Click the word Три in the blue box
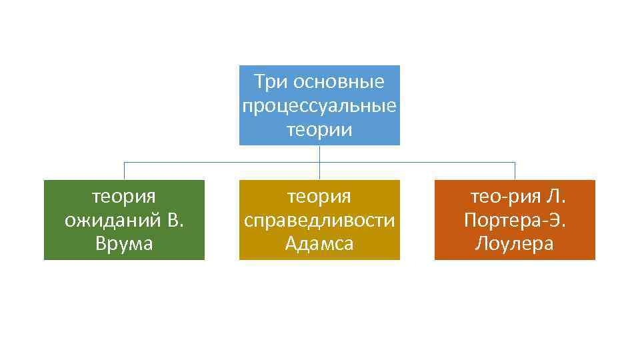tap(269, 82)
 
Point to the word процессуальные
tap(319, 106)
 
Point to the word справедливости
tap(319, 220)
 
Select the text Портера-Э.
tap(515, 220)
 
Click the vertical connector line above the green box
tap(124, 171)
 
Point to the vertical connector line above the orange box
tap(515, 171)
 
